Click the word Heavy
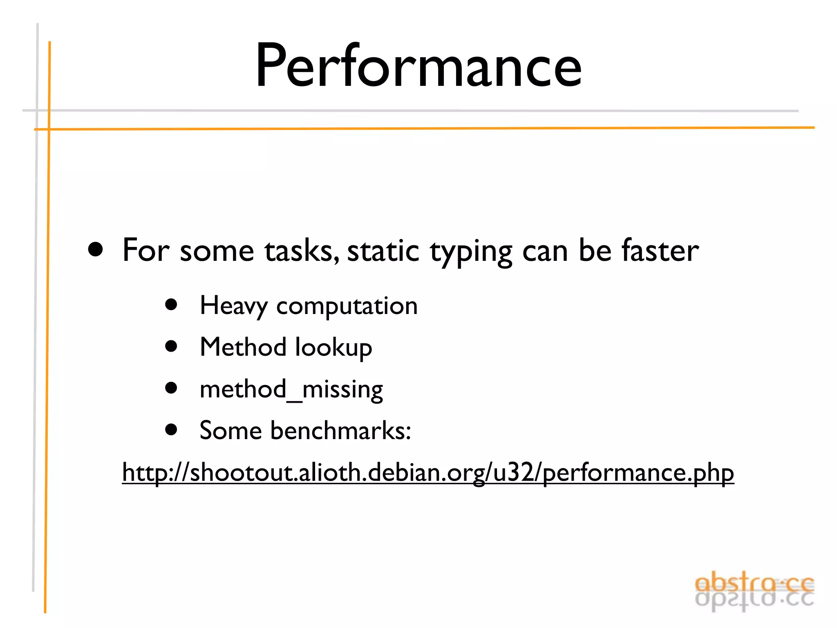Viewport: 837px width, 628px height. (x=233, y=306)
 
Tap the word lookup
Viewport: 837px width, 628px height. (x=333, y=348)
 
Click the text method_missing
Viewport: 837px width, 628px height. (x=291, y=389)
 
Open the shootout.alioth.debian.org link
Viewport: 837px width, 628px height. (x=428, y=473)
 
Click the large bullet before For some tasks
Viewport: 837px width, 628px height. (x=96, y=249)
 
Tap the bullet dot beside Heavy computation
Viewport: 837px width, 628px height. (x=171, y=305)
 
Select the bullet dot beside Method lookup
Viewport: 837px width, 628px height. (x=171, y=346)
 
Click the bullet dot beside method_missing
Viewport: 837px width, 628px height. (x=171, y=388)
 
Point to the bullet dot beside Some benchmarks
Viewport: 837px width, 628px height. (x=171, y=429)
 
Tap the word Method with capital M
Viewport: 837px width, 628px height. (x=243, y=347)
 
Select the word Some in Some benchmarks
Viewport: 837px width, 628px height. (x=230, y=431)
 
